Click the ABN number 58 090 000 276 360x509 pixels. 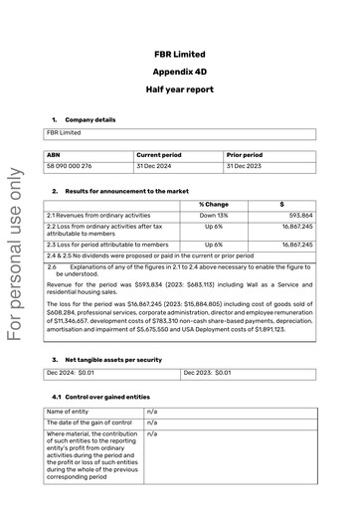pos(70,166)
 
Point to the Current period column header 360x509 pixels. pos(159,155)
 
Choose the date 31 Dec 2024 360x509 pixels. pos(156,166)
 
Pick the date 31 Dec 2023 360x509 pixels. pos(245,166)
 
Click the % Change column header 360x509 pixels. pos(213,204)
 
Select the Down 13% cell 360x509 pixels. pos(213,215)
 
